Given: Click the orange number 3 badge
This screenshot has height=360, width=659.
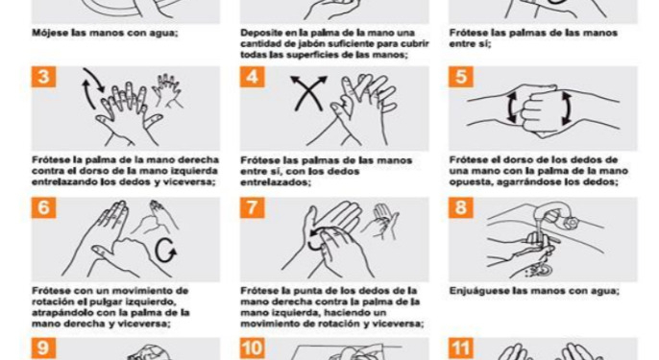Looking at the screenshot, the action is point(43,77).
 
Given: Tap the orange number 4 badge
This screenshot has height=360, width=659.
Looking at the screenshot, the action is point(252,77).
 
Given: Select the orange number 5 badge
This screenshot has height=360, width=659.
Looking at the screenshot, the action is point(461,77).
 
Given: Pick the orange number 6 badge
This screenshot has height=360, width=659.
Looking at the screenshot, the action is point(43,208).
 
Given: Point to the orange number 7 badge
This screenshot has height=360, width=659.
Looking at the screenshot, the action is point(252,208).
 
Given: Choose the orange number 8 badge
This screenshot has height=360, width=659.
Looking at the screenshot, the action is point(461,208).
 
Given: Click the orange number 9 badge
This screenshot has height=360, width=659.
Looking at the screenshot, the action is point(43,348).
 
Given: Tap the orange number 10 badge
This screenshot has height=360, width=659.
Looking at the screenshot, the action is point(252,348).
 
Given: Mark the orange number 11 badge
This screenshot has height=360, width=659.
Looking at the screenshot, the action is point(461,348).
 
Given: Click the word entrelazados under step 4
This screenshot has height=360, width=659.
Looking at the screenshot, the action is point(275,182).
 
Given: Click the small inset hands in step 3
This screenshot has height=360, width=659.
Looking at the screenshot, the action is point(167,91).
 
